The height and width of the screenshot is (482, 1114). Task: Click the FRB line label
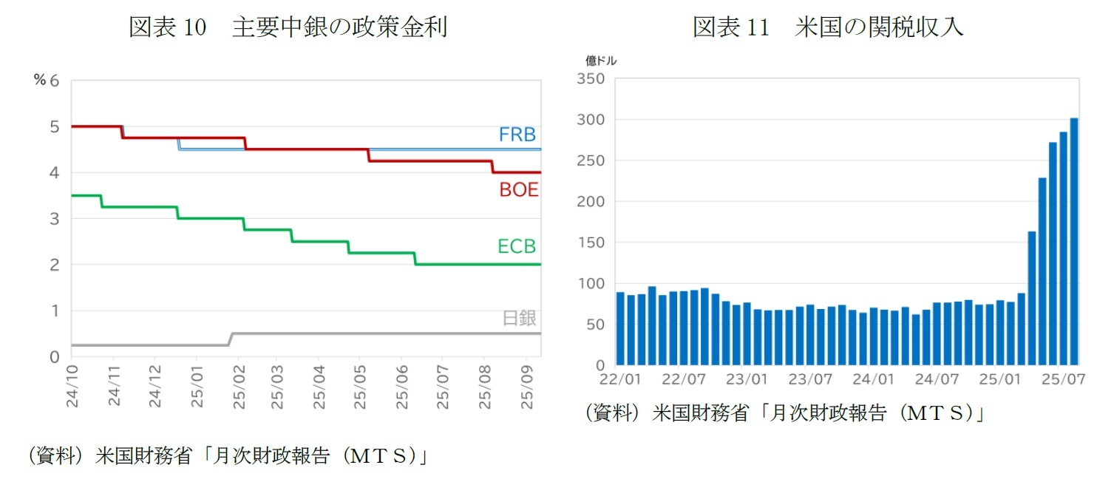pyautogui.click(x=517, y=135)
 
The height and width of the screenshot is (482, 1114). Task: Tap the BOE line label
pyautogui.click(x=518, y=190)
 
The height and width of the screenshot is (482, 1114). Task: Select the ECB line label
pyautogui.click(x=516, y=246)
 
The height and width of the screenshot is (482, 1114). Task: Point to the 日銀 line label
pyautogui.click(x=519, y=319)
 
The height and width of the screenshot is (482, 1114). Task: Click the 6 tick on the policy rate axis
pyautogui.click(x=53, y=80)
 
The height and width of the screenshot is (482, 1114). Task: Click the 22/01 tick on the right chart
pyautogui.click(x=619, y=380)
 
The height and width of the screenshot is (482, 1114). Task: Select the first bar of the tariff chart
pyautogui.click(x=620, y=328)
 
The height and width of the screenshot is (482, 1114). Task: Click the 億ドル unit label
pyautogui.click(x=601, y=61)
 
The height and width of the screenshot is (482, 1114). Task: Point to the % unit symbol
pyautogui.click(x=39, y=80)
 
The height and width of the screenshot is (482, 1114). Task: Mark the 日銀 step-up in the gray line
pyautogui.click(x=231, y=339)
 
